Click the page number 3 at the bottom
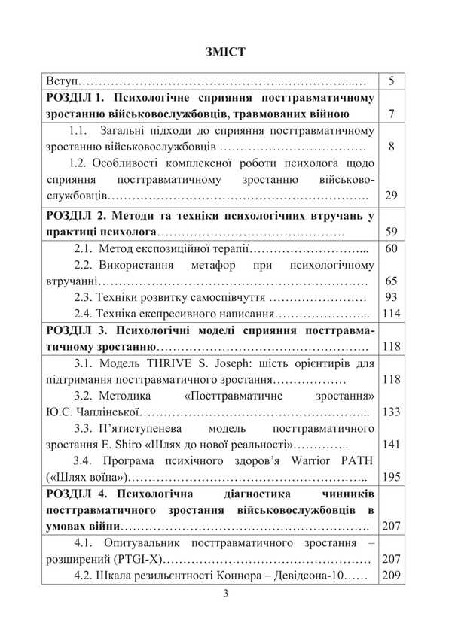coord(225,594)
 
